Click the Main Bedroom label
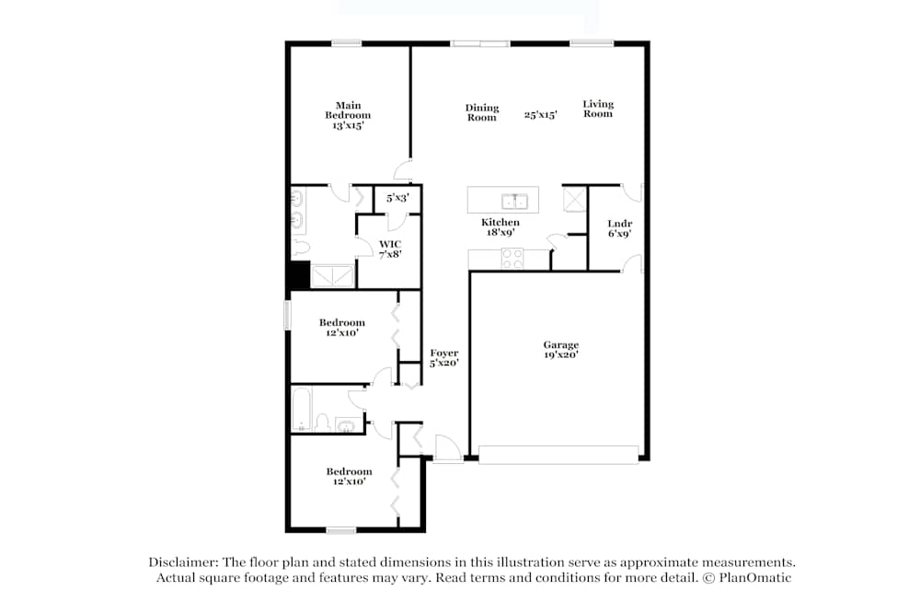[x=347, y=110]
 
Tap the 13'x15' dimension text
[x=347, y=125]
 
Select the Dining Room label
[x=481, y=112]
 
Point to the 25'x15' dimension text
[x=540, y=116]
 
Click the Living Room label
[x=597, y=109]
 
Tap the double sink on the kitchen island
[x=513, y=201]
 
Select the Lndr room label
[x=619, y=224]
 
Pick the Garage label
[x=560, y=345]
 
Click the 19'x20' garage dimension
[x=560, y=355]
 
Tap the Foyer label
[x=443, y=353]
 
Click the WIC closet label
[x=389, y=244]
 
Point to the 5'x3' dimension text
[x=397, y=198]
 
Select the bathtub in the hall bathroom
[x=302, y=411]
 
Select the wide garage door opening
[x=558, y=455]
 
